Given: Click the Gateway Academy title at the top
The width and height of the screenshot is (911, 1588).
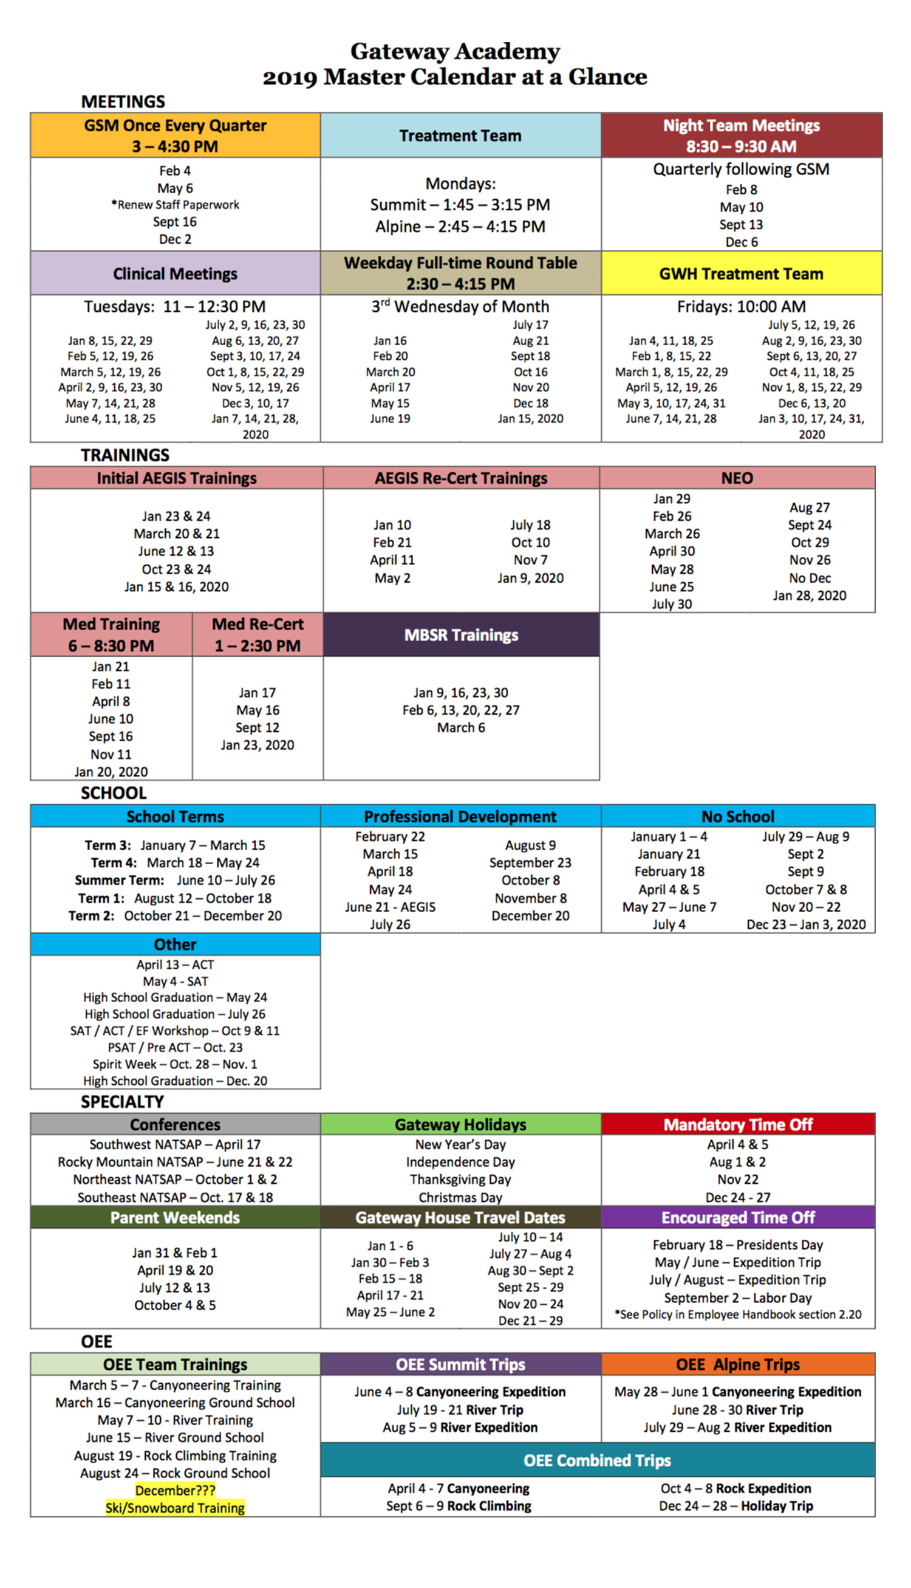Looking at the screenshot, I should pos(455,51).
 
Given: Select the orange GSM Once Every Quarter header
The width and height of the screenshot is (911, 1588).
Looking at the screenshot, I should pos(175,135).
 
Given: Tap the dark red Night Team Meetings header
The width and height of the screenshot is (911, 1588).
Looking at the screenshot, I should pos(742,135).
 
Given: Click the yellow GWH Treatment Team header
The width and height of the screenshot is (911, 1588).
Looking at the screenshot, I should pos(742,273).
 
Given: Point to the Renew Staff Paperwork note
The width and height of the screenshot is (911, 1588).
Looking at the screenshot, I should pos(175,205).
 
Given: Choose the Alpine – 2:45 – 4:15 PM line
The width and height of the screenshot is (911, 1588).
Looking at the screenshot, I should pos(460,227).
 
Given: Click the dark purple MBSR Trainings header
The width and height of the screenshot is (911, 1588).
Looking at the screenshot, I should pos(461,634).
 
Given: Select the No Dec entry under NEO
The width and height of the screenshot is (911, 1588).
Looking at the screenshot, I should pos(810,578).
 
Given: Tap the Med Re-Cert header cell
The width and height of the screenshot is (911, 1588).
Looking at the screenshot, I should pos(258,634).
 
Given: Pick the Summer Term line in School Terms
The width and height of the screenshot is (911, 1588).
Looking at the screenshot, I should pos(175,880).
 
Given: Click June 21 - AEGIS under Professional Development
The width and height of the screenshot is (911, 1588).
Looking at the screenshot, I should pos(390,907).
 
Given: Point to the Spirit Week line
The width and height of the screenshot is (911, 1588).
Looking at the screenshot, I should pos(175,1064).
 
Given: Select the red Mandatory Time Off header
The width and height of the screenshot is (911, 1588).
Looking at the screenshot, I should pos(739,1125).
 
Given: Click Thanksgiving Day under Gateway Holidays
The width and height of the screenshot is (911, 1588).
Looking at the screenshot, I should pos(460,1179).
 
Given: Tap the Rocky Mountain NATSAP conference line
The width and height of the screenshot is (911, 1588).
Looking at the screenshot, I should pos(175,1162).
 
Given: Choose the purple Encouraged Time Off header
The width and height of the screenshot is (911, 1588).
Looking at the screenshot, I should pos(739,1217).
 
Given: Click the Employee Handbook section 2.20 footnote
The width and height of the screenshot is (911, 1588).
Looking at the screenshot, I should pos(739,1315).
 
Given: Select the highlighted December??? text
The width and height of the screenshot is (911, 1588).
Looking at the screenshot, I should pos(175,1490).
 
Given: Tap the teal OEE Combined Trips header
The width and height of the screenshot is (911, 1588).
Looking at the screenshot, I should pos(598,1460).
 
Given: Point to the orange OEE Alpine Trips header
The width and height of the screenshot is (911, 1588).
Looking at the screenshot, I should pos(739,1364).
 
